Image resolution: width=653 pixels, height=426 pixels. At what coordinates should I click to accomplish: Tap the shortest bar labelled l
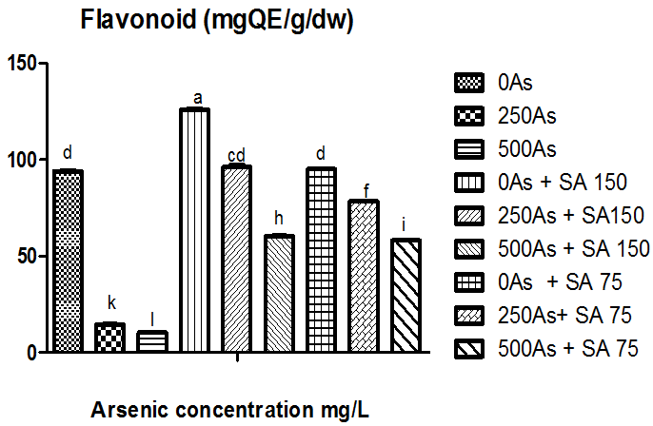pyautogui.click(x=152, y=342)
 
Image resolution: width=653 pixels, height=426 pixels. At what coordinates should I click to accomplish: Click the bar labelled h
pyautogui.click(x=278, y=294)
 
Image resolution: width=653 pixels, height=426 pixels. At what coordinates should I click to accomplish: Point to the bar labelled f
pyautogui.click(x=363, y=277)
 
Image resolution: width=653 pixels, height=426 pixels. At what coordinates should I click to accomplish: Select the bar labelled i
pyautogui.click(x=405, y=296)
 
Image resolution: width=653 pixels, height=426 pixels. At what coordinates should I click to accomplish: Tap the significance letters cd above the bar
pyautogui.click(x=237, y=155)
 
